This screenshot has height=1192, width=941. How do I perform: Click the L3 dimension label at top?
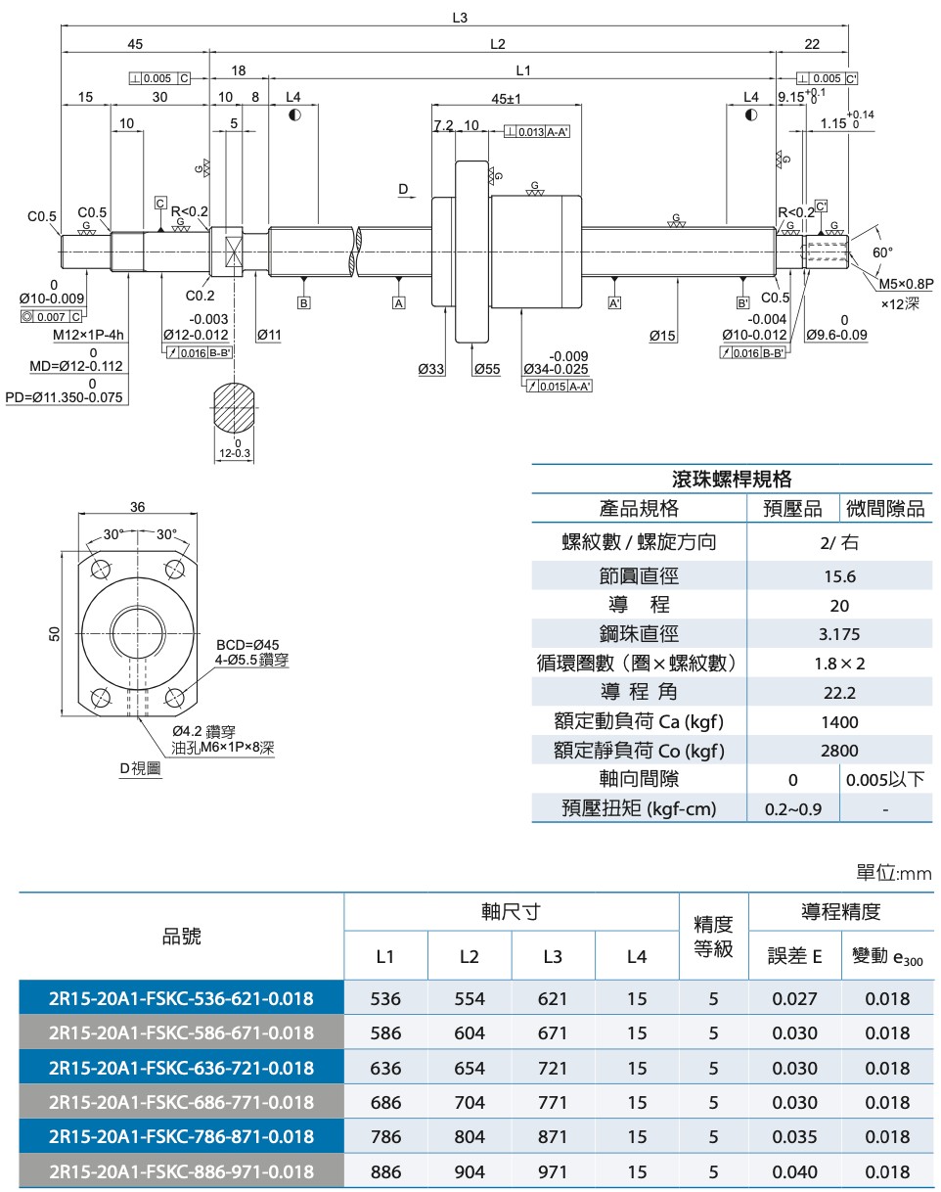click(x=461, y=18)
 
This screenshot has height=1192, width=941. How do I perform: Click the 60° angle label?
click(x=883, y=252)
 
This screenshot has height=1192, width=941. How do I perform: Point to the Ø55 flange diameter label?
click(x=486, y=369)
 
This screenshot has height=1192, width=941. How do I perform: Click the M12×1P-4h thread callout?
click(x=88, y=335)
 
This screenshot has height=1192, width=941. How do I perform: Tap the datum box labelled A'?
click(x=614, y=303)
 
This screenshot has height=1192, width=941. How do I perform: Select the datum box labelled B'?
click(x=742, y=303)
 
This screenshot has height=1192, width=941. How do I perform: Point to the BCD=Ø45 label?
click(x=247, y=645)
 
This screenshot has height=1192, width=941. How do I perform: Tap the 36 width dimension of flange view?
click(x=138, y=506)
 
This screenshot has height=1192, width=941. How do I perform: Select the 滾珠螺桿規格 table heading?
click(x=732, y=479)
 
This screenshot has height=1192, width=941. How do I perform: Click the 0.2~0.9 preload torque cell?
click(x=792, y=809)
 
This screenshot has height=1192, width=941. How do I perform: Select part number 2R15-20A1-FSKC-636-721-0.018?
click(x=181, y=1068)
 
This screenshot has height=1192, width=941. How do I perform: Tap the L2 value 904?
click(x=470, y=1171)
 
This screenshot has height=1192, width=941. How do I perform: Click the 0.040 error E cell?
click(x=794, y=1171)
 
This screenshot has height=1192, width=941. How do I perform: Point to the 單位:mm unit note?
click(x=894, y=873)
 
